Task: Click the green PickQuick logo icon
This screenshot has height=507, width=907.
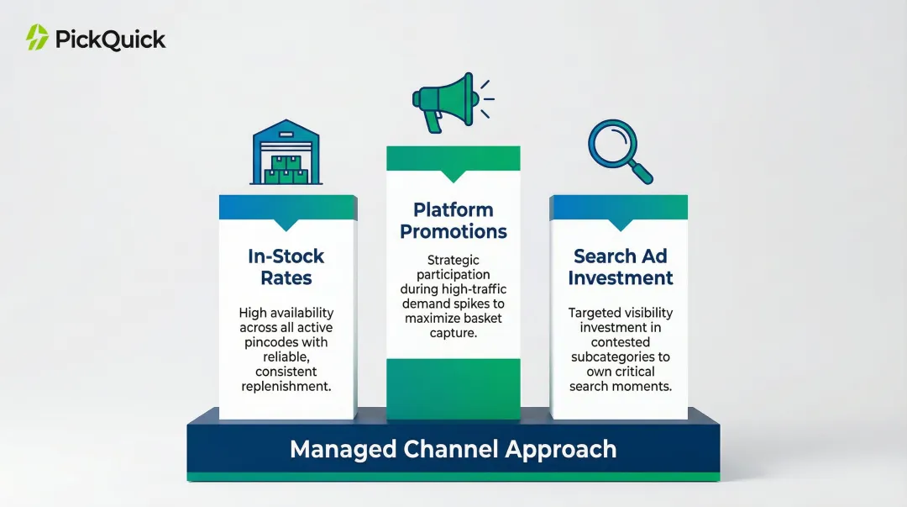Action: point(37,38)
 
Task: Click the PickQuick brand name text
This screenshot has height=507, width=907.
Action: point(110,39)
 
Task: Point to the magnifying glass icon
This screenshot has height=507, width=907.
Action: point(619,150)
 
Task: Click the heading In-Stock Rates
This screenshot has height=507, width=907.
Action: point(286,267)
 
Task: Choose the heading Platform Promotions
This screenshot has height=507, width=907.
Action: point(453,220)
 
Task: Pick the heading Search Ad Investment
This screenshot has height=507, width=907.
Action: point(620,267)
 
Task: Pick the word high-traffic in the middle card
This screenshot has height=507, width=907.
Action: point(473,289)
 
